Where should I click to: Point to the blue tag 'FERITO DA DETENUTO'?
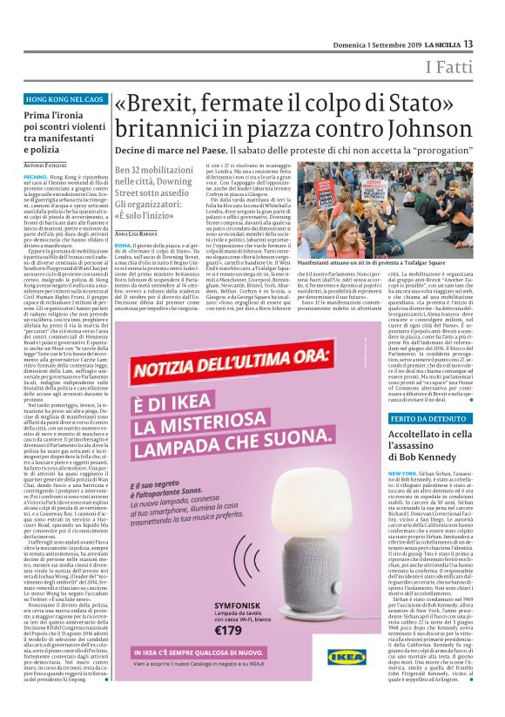pyautogui.click(x=430, y=418)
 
